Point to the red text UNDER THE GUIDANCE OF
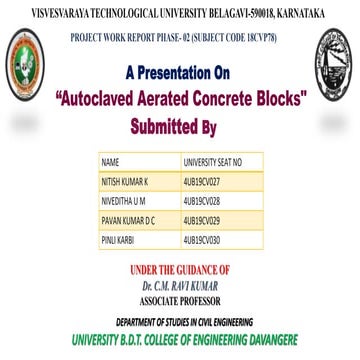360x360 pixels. click(x=180, y=269)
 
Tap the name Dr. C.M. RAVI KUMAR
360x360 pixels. click(x=180, y=282)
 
